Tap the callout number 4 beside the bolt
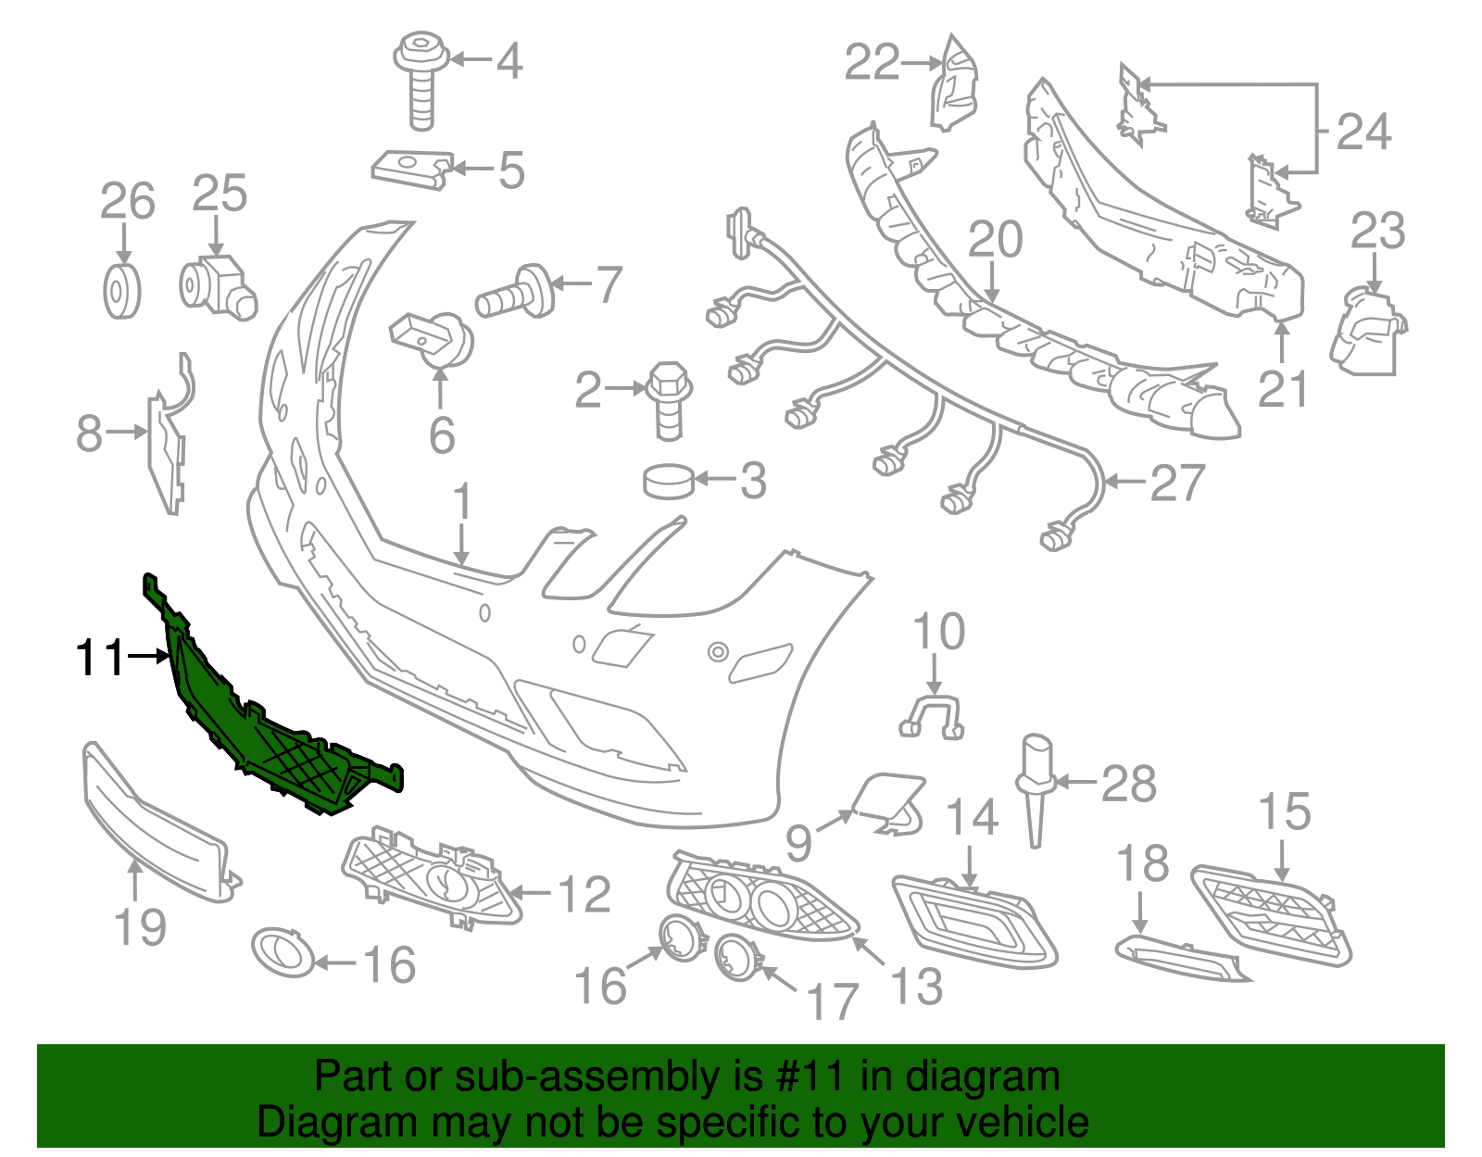[509, 61]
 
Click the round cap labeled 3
[669, 482]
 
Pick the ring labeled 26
[122, 291]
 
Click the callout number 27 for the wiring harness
[1178, 483]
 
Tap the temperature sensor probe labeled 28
[1036, 791]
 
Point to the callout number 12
[584, 894]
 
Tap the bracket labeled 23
[1367, 332]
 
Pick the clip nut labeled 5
[412, 170]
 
